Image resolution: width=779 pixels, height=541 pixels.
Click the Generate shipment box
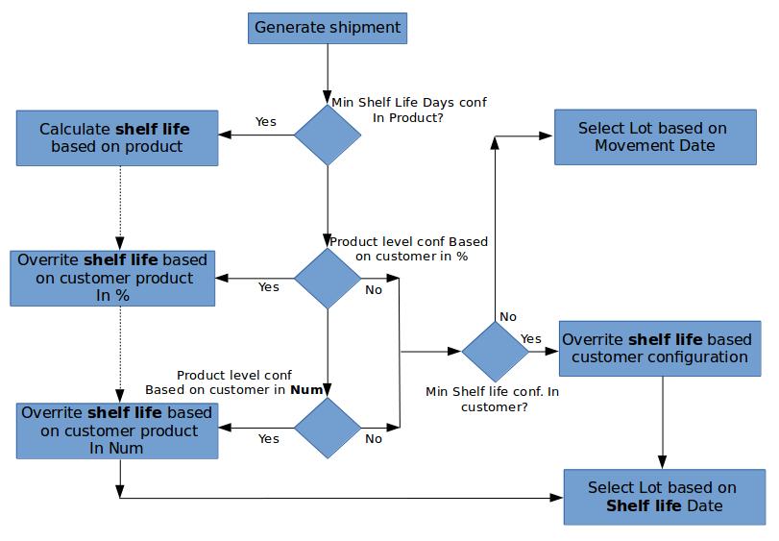click(328, 28)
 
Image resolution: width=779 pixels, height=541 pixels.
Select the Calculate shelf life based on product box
click(117, 138)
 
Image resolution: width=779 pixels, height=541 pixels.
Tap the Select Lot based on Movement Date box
click(655, 137)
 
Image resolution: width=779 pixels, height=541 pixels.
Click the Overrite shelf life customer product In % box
click(112, 279)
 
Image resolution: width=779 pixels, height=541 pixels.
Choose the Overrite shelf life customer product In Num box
click(117, 430)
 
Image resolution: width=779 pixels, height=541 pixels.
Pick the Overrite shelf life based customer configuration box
click(660, 349)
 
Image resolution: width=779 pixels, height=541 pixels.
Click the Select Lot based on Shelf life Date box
click(665, 497)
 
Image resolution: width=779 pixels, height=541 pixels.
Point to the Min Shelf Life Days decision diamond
click(328, 135)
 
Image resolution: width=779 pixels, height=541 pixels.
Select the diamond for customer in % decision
click(328, 279)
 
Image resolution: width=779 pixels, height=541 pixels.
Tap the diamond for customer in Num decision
click(328, 428)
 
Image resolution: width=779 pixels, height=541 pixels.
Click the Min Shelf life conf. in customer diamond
click(495, 352)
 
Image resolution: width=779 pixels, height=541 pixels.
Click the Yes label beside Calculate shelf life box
click(266, 122)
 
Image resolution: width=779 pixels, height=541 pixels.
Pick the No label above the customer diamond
click(508, 317)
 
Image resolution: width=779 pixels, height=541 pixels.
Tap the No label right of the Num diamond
click(374, 439)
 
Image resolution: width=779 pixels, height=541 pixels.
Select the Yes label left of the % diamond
click(269, 287)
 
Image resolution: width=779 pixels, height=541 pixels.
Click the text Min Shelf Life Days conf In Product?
click(409, 111)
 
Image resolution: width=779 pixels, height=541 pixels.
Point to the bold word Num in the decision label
click(306, 390)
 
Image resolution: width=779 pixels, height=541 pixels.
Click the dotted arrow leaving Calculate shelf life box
click(120, 209)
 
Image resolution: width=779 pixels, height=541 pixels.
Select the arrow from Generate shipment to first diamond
click(328, 74)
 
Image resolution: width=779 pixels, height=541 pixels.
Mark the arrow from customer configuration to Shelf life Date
click(662, 423)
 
